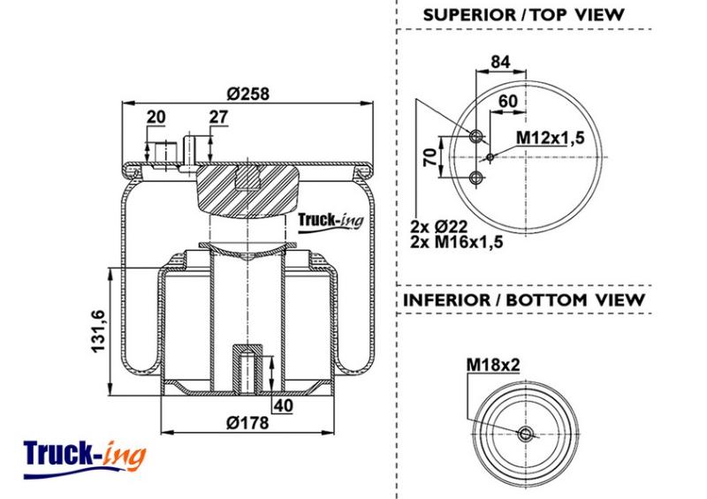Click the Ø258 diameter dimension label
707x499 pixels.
[248, 94]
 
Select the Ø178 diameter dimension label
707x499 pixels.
[247, 423]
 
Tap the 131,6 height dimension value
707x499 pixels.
[98, 331]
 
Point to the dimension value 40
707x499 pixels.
[284, 405]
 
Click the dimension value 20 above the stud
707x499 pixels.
[156, 117]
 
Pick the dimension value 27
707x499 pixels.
[218, 117]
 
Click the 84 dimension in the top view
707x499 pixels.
[500, 62]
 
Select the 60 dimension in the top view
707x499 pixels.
[508, 101]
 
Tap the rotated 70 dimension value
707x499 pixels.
[431, 156]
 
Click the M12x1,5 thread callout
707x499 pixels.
[550, 137]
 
